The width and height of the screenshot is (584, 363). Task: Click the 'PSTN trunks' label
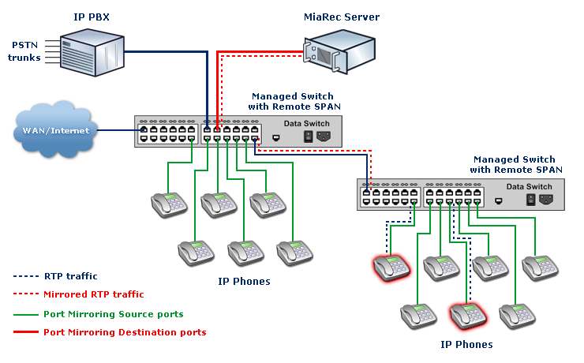pyautogui.click(x=24, y=51)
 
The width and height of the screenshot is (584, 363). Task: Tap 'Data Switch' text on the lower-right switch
pyautogui.click(x=529, y=187)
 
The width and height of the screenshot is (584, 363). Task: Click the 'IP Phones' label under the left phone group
pyautogui.click(x=244, y=281)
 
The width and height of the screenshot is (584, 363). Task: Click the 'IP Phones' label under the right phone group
pyautogui.click(x=466, y=344)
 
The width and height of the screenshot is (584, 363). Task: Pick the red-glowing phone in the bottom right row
pyautogui.click(x=467, y=316)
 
